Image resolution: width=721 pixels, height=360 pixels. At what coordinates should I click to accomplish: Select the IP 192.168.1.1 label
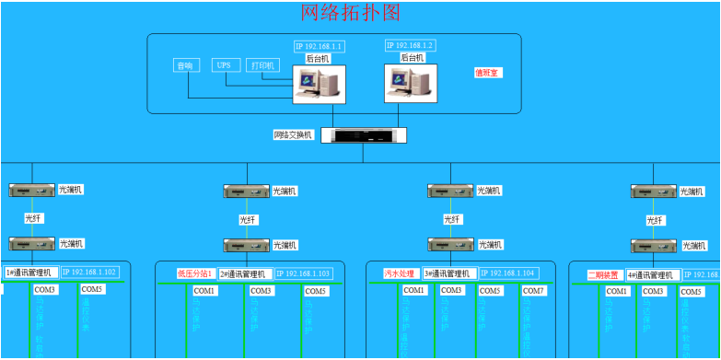pos(319,47)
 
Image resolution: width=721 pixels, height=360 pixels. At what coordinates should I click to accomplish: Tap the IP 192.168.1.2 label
pos(410,45)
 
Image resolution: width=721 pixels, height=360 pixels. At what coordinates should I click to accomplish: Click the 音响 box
pos(186,65)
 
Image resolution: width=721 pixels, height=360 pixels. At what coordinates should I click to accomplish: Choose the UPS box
pos(224,65)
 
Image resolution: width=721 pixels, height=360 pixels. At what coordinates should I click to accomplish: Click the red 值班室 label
pos(487,73)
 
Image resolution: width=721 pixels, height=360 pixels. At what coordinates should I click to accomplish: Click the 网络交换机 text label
pos(294,134)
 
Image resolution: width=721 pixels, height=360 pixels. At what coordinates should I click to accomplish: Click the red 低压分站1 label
pos(195,273)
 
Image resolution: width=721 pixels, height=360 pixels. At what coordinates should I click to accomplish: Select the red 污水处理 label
pos(401,273)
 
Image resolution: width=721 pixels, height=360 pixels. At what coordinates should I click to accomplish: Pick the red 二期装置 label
pos(605,274)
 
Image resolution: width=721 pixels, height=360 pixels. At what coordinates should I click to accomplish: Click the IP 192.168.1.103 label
pos(303,273)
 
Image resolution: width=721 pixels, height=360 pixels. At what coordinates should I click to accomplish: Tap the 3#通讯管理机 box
pos(449,273)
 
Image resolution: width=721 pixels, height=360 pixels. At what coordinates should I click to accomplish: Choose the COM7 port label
pos(534,291)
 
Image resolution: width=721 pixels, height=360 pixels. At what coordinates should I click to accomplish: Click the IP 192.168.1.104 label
pos(507,273)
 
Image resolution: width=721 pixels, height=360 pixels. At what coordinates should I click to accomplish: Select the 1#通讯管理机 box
pos(32,273)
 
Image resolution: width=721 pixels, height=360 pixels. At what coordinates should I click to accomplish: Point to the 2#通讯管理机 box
pos(244,273)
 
